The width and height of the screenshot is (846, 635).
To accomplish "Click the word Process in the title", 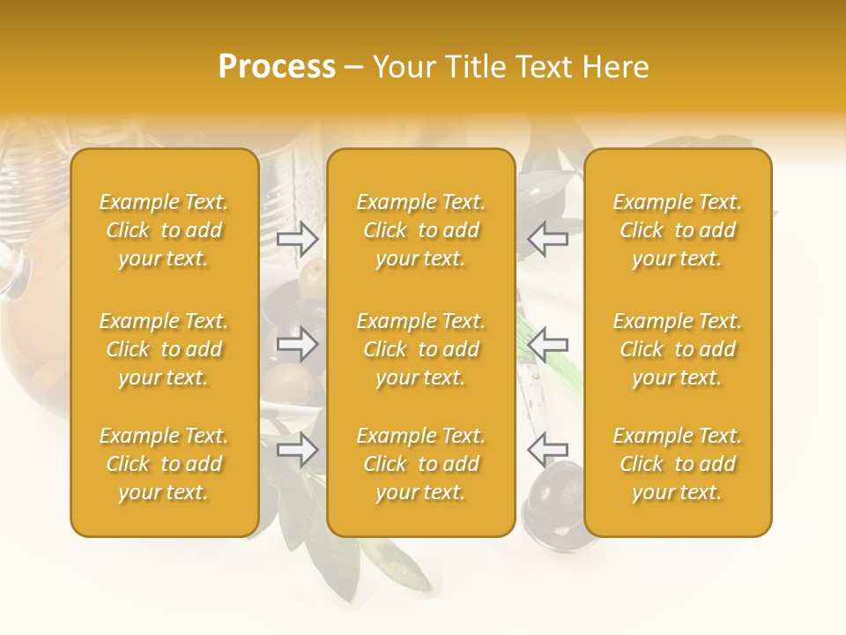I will [277, 67].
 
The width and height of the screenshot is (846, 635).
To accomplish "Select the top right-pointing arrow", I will [298, 238].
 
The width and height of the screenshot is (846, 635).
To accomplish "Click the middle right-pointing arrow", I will [298, 344].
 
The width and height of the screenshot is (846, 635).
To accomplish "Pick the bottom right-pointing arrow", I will [298, 451].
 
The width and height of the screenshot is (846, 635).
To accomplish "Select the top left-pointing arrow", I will [547, 238].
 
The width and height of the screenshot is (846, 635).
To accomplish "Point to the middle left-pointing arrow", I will [547, 344].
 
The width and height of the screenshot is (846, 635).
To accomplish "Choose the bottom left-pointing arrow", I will [547, 450].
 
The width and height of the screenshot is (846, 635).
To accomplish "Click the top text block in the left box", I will [164, 230].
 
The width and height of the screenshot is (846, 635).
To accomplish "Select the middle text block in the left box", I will [164, 349].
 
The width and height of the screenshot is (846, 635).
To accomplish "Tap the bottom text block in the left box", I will [164, 464].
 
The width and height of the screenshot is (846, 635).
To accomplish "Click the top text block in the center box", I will [421, 230].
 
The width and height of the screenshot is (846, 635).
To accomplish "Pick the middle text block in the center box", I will [421, 349].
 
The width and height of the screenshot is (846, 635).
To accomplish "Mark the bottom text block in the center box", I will [421, 464].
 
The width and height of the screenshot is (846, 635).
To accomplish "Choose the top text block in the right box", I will [678, 230].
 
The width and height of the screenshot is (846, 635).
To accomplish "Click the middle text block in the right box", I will [678, 349].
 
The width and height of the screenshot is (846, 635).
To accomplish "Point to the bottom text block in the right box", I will [678, 464].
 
